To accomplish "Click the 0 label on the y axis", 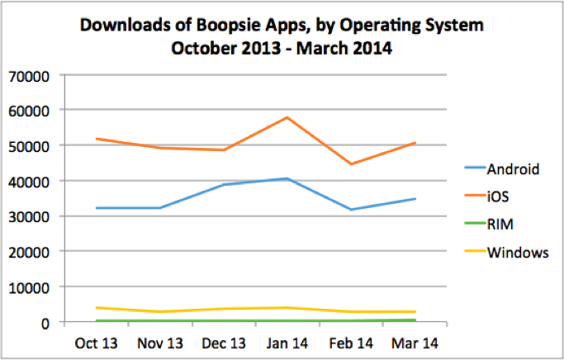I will (x=48, y=323).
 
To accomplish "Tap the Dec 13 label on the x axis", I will (x=222, y=341).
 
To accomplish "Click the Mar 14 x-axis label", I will (x=415, y=341).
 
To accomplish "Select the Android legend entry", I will (x=513, y=170).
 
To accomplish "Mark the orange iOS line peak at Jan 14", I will (x=287, y=117).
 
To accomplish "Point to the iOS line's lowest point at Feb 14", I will (x=351, y=164).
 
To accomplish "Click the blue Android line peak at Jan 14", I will (x=287, y=178).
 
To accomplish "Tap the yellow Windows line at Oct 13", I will (x=97, y=308).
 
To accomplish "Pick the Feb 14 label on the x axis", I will (x=350, y=341).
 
